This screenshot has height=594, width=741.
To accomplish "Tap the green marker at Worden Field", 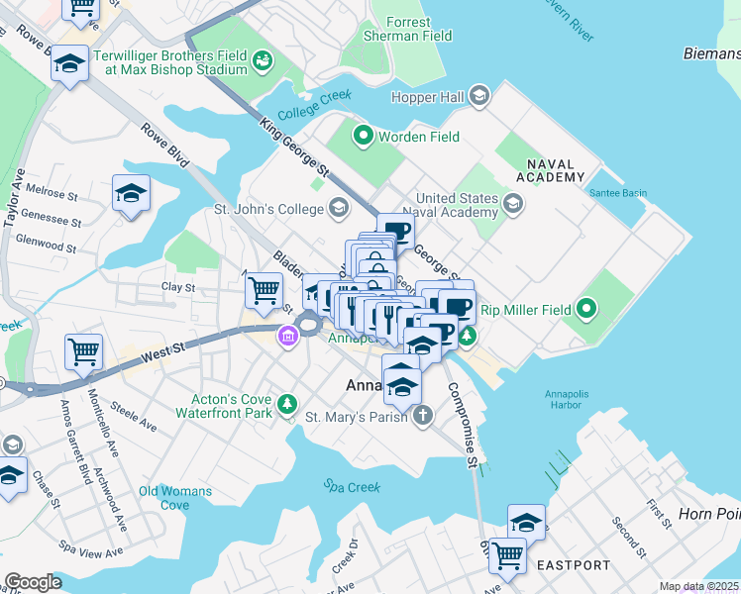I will [x=363, y=137].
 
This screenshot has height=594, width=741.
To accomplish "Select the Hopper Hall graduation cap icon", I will [x=479, y=96].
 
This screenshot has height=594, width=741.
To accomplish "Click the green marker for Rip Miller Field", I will [x=585, y=310].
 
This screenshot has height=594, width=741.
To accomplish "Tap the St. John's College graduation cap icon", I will [x=339, y=208].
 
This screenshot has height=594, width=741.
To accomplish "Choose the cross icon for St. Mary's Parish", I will [x=423, y=416].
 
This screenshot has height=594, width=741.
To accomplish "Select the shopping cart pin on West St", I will [x=84, y=351].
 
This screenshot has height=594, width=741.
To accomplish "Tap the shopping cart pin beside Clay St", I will [x=264, y=290].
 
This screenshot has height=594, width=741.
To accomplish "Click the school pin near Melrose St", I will [x=131, y=193].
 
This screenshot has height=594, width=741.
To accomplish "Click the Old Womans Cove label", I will [x=175, y=498].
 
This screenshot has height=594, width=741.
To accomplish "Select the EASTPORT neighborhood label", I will [x=574, y=565].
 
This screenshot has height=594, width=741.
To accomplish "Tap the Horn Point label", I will [x=708, y=514].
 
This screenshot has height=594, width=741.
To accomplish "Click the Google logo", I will [x=33, y=582].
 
